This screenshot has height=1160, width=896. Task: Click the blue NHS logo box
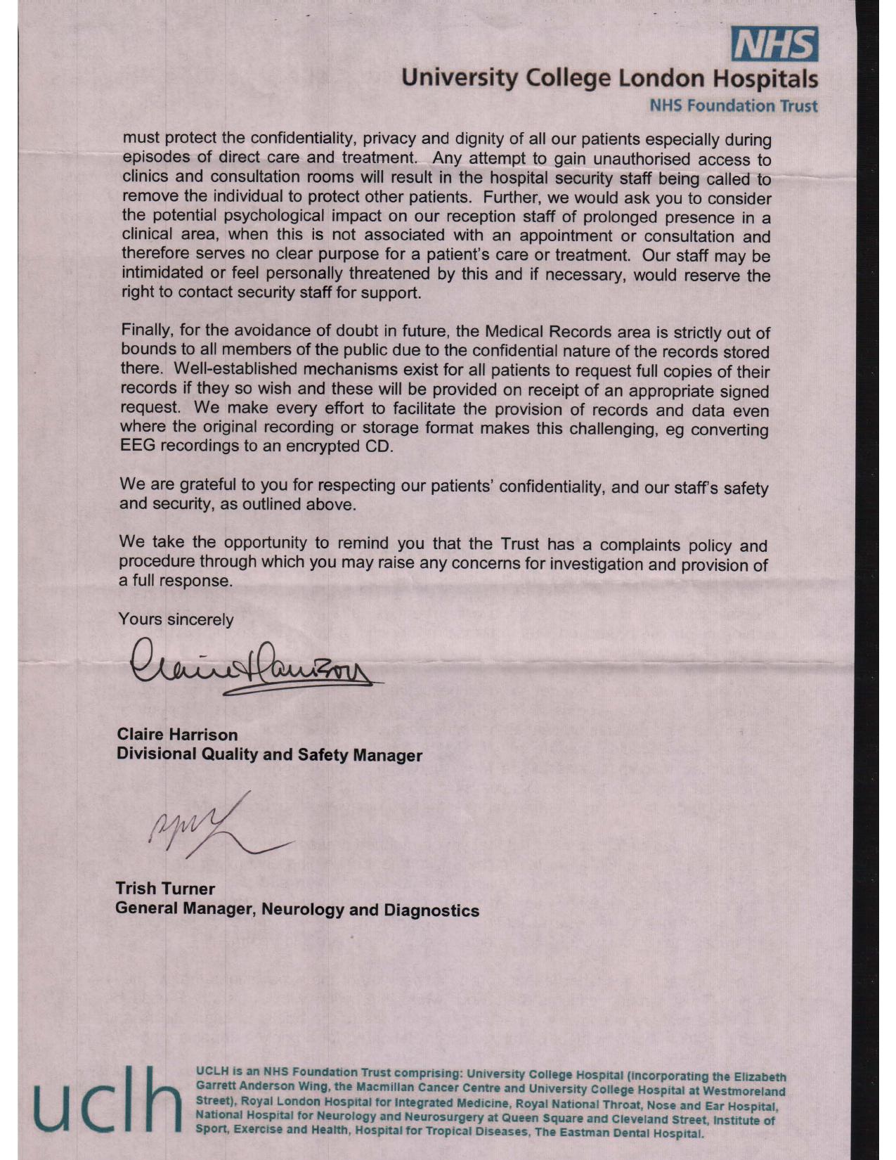(774, 44)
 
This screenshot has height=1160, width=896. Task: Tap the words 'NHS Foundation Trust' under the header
(734, 106)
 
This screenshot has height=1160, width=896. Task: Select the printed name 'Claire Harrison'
(177, 735)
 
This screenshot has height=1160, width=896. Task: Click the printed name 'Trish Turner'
(165, 889)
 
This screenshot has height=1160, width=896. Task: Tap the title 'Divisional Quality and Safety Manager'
(269, 755)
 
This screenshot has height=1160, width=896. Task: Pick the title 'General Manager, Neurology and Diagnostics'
(297, 910)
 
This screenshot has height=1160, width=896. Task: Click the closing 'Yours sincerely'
(176, 619)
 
